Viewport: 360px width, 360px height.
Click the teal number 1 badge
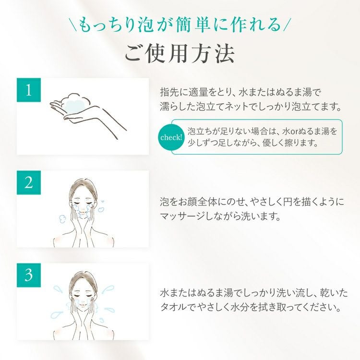29,90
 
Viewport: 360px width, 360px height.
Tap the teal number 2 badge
29,182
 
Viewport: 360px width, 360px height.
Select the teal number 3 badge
29,275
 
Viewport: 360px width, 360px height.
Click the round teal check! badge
171,137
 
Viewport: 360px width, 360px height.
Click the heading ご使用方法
180,53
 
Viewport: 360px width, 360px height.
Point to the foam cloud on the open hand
74,103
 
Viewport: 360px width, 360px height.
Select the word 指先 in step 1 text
169,92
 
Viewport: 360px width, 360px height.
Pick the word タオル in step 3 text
174,307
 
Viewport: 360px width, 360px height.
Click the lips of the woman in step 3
83,306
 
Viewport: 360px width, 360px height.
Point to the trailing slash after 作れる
287,25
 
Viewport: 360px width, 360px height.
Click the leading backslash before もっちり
74,25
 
